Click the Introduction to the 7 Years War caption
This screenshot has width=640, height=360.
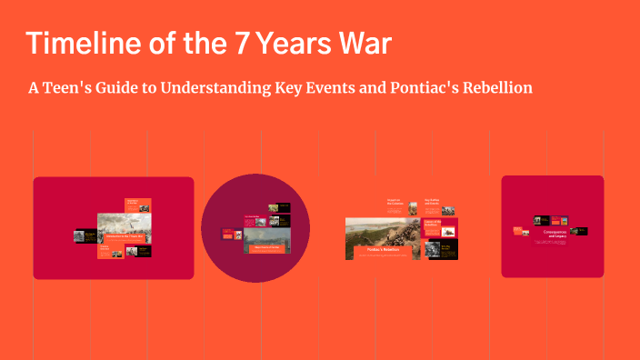124,237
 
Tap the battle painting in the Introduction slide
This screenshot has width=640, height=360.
124,225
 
